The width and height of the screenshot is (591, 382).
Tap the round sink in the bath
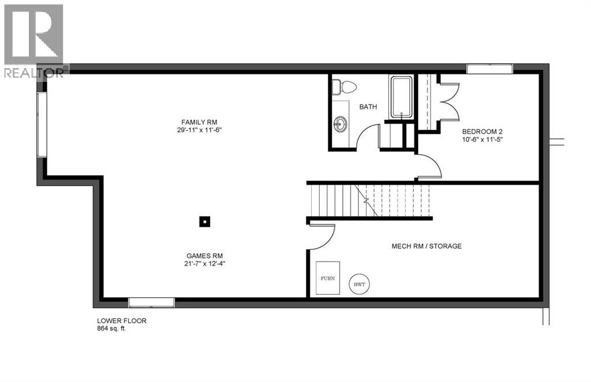pyautogui.click(x=341, y=122)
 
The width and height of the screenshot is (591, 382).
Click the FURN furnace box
pyautogui.click(x=327, y=278)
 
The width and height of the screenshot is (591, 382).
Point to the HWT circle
pyautogui.click(x=360, y=283)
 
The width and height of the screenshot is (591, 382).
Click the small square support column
pyautogui.click(x=204, y=220)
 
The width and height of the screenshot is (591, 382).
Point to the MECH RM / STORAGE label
pyautogui.click(x=427, y=246)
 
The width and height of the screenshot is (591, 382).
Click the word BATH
pyautogui.click(x=368, y=107)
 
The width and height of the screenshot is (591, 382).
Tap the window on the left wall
pyautogui.click(x=41, y=124)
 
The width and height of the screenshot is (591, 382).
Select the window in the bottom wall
pyautogui.click(x=151, y=302)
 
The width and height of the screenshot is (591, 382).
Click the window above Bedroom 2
pyautogui.click(x=489, y=69)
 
